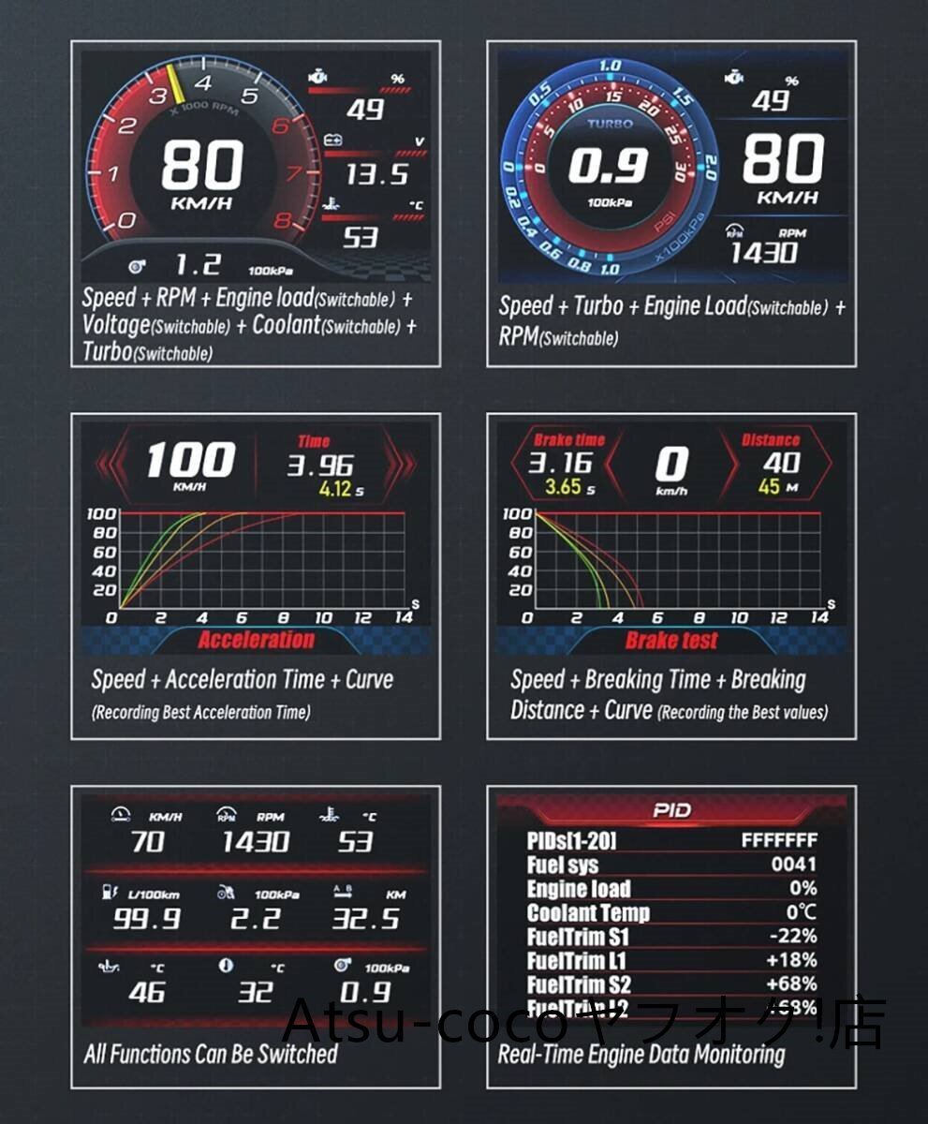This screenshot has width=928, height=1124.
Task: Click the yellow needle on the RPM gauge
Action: point(176,82)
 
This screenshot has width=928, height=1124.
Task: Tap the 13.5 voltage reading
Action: point(376,173)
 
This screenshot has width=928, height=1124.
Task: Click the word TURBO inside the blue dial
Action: point(610,123)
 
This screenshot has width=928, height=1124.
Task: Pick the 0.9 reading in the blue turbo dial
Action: point(608,167)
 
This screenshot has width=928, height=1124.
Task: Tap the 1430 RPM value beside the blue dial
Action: point(764,253)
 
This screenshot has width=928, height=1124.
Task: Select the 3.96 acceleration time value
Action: point(320,466)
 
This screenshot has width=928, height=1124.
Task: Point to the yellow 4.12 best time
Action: point(335,489)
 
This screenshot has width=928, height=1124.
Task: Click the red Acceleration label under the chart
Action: point(256,641)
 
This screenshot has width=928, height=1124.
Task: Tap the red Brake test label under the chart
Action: point(671,641)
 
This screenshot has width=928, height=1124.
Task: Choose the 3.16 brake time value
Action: point(560,463)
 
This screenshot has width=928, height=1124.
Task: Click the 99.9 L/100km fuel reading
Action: point(147,918)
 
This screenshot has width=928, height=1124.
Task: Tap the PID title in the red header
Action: point(671,810)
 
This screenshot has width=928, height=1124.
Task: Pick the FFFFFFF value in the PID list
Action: point(779,840)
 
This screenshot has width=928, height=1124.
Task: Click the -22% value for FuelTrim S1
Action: point(791,936)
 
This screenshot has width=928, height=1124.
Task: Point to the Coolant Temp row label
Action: point(588,912)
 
